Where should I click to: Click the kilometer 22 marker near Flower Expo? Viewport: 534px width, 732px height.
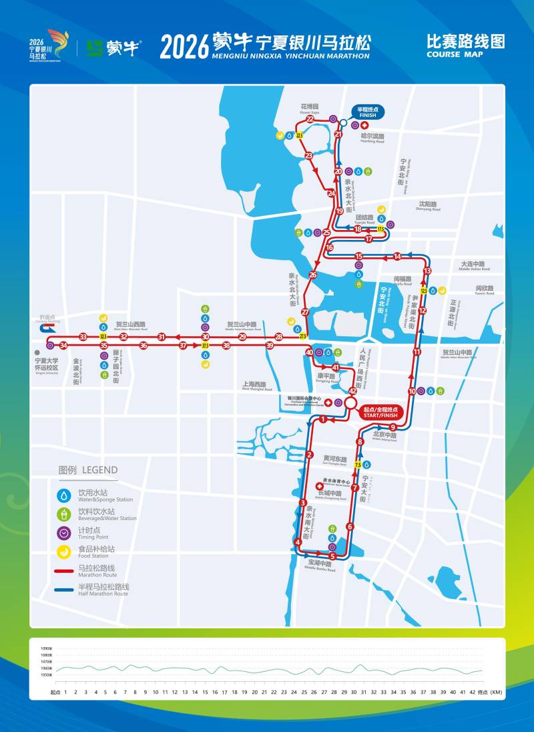(310, 120)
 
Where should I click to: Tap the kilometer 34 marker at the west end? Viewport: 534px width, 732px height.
(63, 346)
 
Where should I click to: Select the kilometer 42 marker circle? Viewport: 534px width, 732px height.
(352, 391)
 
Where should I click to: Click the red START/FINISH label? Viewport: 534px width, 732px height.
(380, 412)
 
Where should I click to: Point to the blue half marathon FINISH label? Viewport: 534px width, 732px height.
(368, 112)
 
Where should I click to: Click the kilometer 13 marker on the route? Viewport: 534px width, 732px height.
(427, 271)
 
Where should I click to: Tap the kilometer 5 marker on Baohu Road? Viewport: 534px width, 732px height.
(332, 556)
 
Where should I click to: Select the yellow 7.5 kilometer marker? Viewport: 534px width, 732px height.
(358, 464)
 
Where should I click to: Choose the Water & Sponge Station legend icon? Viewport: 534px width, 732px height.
(64, 495)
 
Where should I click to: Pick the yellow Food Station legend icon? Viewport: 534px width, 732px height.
(64, 552)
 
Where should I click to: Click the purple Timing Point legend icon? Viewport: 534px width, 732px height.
(64, 533)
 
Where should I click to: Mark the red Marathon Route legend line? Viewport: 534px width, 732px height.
(64, 572)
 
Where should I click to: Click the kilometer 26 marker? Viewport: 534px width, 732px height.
(313, 275)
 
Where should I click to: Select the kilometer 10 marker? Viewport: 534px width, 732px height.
(412, 391)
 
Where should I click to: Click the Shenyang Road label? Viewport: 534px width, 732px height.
(427, 205)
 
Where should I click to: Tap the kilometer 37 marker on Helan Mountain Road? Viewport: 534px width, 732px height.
(183, 346)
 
